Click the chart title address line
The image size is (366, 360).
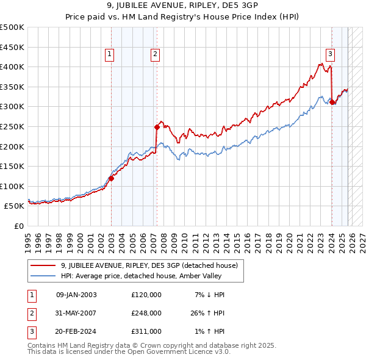pos(182,7)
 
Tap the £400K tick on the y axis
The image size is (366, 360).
pos(12,67)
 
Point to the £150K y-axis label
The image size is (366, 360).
pos(12,166)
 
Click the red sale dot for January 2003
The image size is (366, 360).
pos(112,178)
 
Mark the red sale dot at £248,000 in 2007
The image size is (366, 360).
pos(157,127)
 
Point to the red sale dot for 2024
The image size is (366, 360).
pos(332,102)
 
